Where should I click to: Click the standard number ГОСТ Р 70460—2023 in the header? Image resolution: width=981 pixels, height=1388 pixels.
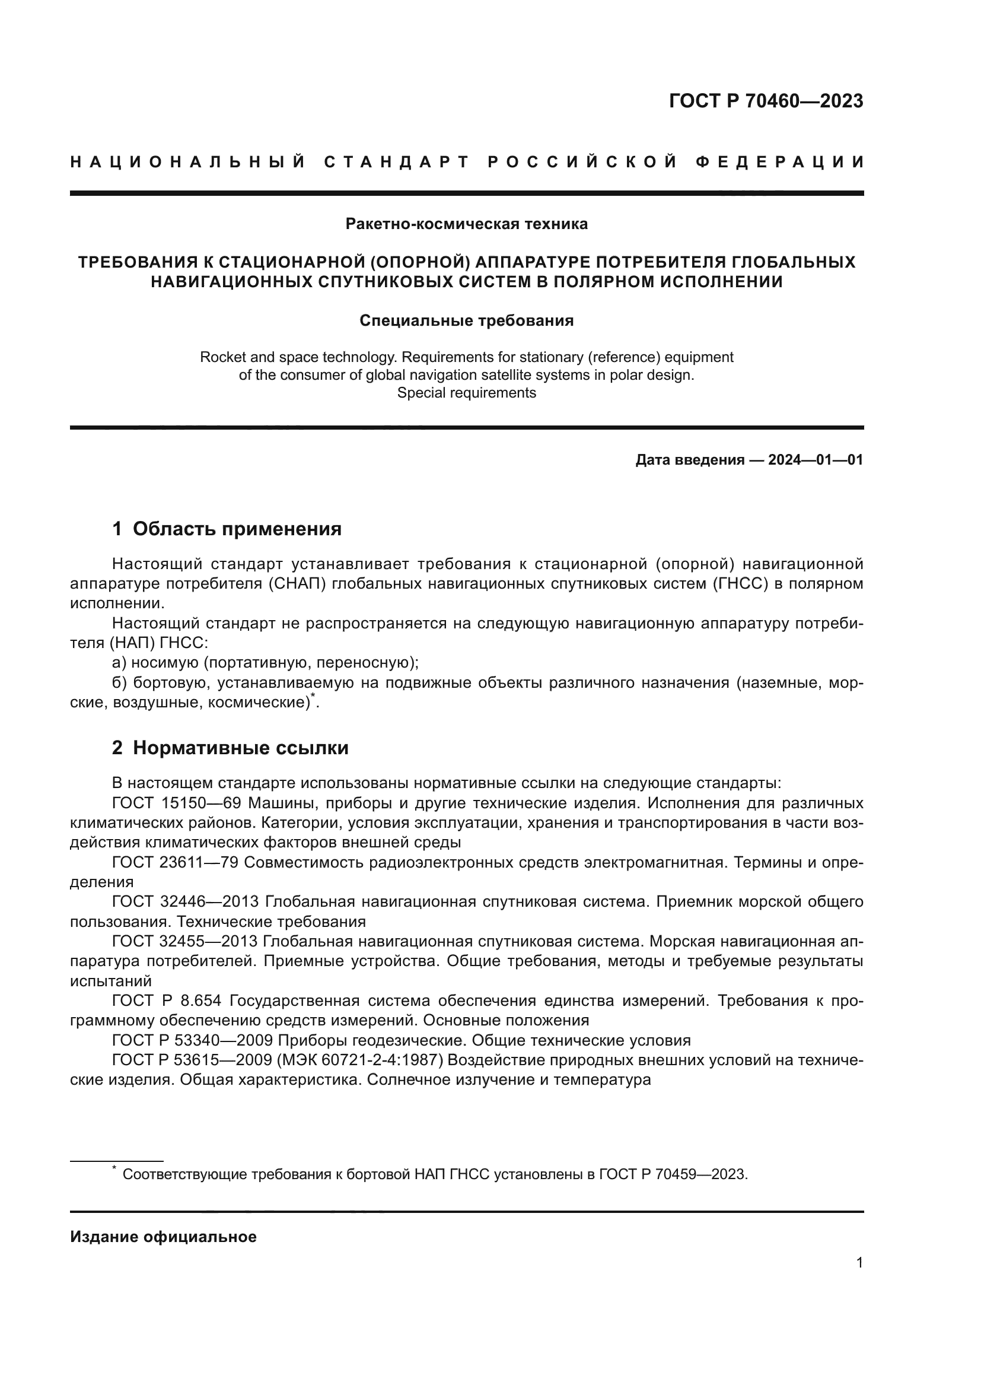point(766,101)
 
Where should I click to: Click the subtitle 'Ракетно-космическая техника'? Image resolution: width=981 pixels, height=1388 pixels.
point(466,224)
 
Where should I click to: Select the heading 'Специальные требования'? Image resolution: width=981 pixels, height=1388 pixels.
point(466,320)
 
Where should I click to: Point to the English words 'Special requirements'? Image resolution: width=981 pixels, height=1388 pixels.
point(466,393)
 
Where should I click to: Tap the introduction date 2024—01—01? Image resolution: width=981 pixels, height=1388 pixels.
point(815,460)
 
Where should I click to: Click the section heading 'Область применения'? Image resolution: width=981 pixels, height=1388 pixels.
point(237,529)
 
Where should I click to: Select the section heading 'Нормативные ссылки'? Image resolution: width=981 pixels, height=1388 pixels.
point(240,748)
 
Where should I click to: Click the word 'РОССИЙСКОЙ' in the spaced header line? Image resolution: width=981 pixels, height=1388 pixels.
point(583,162)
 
